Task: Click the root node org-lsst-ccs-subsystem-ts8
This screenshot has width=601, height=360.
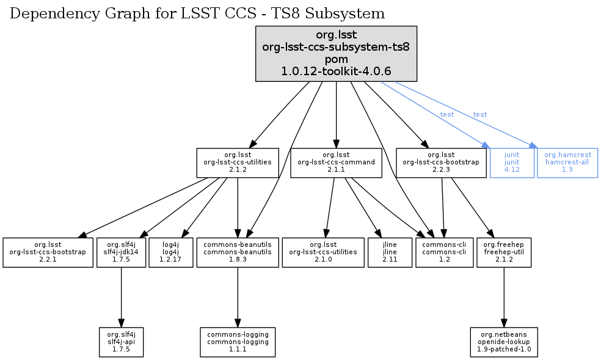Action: [336, 54]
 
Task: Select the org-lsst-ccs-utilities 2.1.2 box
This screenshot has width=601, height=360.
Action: [238, 163]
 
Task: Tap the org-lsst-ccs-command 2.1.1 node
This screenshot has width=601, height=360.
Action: [337, 163]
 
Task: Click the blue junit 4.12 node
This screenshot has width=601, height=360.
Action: [512, 163]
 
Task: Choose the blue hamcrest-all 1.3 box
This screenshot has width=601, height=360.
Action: [567, 163]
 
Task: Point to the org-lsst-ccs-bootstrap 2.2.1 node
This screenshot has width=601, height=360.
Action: [47, 252]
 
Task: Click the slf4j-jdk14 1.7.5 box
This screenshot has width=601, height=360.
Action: [121, 252]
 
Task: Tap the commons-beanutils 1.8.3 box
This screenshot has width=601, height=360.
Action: [238, 252]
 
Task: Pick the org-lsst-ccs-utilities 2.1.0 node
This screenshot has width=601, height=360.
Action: [323, 252]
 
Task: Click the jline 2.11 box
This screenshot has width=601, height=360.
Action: [390, 252]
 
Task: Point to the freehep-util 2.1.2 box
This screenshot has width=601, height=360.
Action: [504, 252]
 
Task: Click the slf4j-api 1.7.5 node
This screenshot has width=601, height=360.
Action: [121, 341]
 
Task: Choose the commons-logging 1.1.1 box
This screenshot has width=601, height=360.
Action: [238, 341]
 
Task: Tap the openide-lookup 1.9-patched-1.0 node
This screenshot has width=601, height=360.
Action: [504, 341]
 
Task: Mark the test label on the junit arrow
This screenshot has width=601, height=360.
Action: [447, 115]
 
